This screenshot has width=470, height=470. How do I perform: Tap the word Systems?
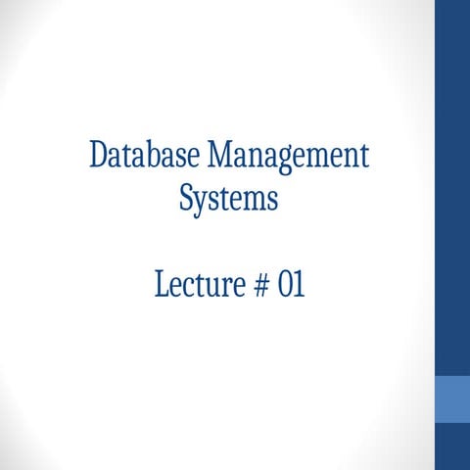[x=229, y=200]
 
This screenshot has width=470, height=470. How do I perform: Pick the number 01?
[x=292, y=285]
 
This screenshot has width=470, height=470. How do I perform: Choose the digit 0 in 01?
[x=285, y=285]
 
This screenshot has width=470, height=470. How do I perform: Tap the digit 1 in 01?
[x=299, y=285]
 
